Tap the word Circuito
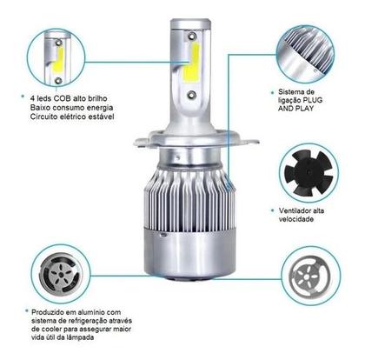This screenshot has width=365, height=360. pyautogui.click(x=45, y=116)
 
